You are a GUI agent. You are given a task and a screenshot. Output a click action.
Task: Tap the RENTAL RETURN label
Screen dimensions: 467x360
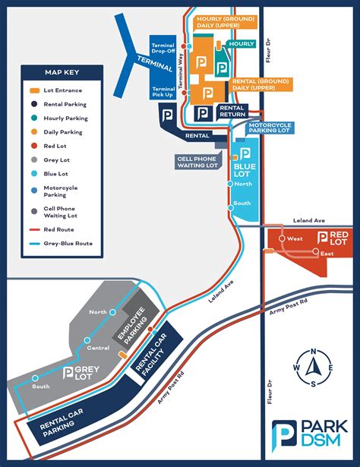coord(231,112)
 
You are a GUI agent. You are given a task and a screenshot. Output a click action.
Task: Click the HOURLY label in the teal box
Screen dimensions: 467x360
coord(242,44)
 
